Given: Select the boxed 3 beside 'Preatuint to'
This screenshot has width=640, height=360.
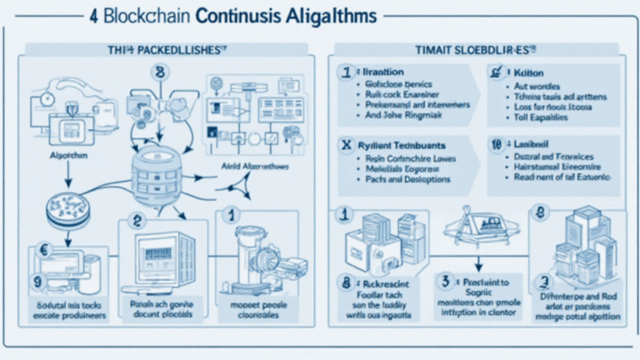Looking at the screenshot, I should coord(447,281).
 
